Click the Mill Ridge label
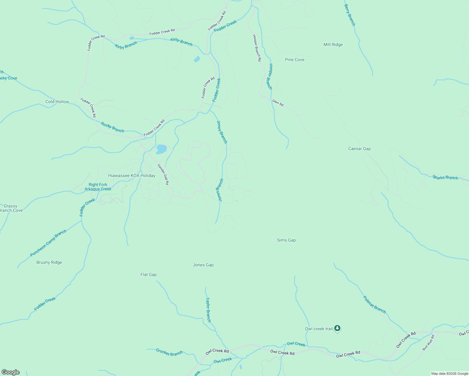[x=333, y=44]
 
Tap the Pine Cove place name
[x=294, y=60]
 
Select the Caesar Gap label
[x=359, y=149]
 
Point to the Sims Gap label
[x=286, y=240]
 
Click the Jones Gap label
[x=203, y=265]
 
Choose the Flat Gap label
[x=148, y=274]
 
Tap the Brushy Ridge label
[x=49, y=262]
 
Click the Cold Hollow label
[x=57, y=102]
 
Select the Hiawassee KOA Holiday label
[x=132, y=175]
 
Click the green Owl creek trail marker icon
[x=337, y=328]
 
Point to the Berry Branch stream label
[x=350, y=15]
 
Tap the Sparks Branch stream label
[x=445, y=177]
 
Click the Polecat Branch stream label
[x=374, y=304]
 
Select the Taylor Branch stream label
[x=208, y=310]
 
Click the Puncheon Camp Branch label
[x=48, y=243]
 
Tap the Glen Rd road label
[x=278, y=103]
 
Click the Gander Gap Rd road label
[x=163, y=175]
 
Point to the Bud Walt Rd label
[x=428, y=342]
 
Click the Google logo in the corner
[x=11, y=372]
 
